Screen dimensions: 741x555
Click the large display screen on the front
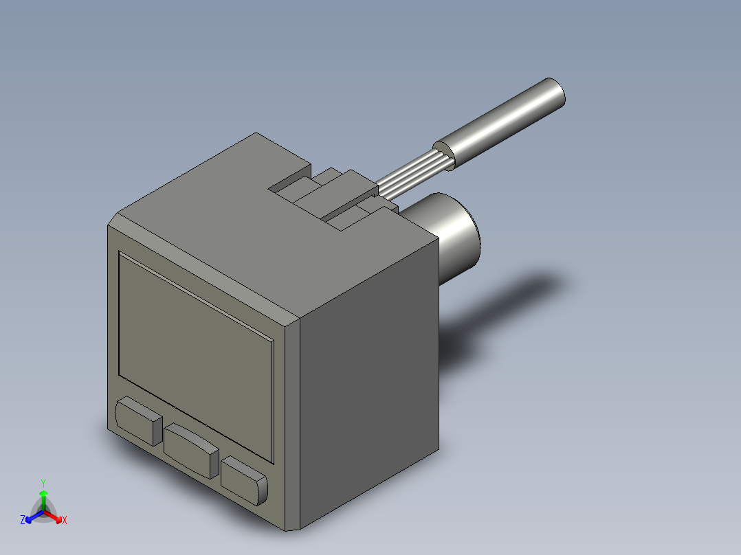[196, 357]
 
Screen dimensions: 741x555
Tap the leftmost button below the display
[139, 421]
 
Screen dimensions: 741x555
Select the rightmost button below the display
[244, 480]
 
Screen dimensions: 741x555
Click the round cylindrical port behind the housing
[454, 236]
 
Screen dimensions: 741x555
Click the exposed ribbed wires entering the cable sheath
[412, 174]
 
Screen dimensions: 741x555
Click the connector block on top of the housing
[333, 199]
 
